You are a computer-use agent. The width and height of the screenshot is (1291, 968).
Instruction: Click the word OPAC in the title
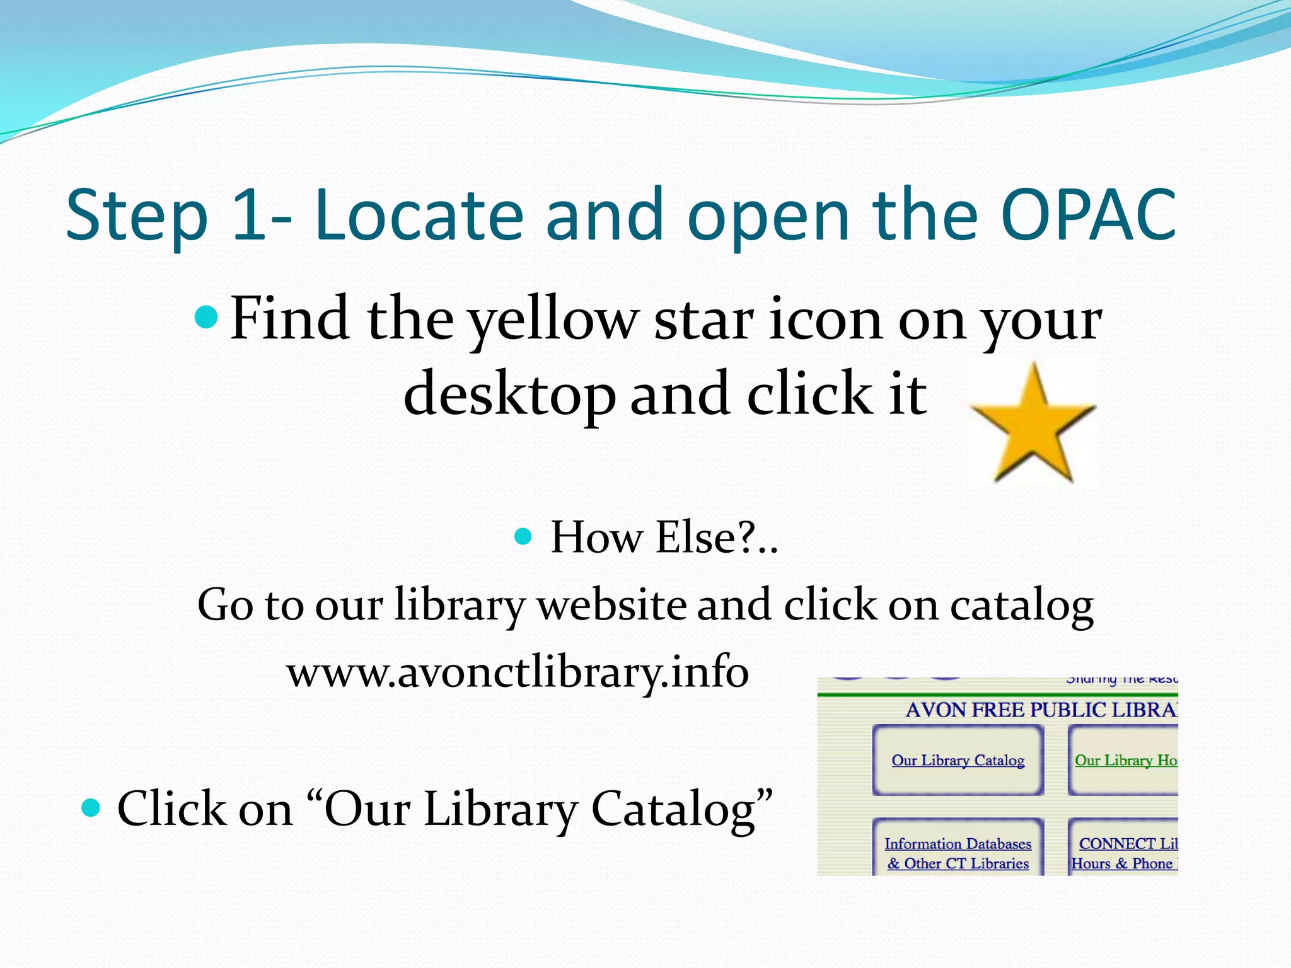[x=1088, y=216]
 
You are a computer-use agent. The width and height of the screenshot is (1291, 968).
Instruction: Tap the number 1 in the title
[x=250, y=216]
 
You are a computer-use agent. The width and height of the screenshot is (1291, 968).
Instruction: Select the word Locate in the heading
[x=419, y=216]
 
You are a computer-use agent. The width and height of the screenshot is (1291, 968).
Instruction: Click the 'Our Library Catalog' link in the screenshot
[x=958, y=761]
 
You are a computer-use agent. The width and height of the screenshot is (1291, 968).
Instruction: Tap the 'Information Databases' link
[x=958, y=844]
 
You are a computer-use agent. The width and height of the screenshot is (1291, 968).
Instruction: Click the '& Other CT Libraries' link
[x=958, y=863]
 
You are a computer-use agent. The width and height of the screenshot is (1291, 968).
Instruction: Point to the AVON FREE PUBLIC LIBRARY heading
[x=1041, y=710]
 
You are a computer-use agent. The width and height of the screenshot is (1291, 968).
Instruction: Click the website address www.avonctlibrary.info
[x=518, y=672]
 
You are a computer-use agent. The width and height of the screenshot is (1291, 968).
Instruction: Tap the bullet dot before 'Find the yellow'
[x=206, y=318]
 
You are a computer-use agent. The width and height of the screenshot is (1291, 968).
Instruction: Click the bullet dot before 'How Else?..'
[x=523, y=537]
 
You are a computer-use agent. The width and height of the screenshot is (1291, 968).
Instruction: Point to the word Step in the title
[x=137, y=216]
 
